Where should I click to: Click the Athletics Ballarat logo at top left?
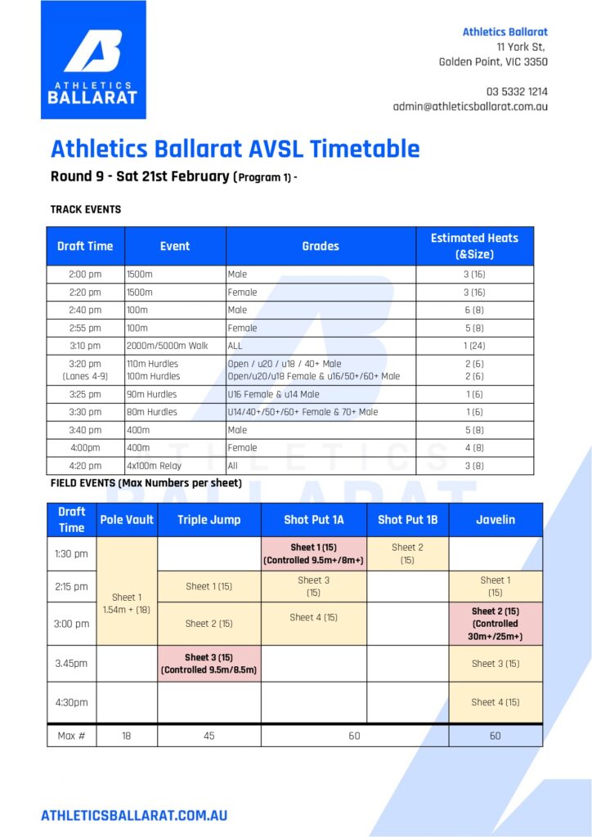pyautogui.click(x=93, y=60)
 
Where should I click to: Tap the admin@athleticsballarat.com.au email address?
pyautogui.click(x=470, y=106)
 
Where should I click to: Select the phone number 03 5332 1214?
pyautogui.click(x=517, y=92)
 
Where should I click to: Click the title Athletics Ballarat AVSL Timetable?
pyautogui.click(x=235, y=149)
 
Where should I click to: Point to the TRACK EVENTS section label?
pyautogui.click(x=86, y=210)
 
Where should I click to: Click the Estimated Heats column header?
pyautogui.click(x=474, y=246)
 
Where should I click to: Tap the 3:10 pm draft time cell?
pyautogui.click(x=85, y=346)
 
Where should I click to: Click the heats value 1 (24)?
pyautogui.click(x=474, y=346)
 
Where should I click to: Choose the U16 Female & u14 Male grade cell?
pyautogui.click(x=274, y=394)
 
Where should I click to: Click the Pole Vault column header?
pyautogui.click(x=127, y=520)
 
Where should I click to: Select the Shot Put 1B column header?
pyautogui.click(x=407, y=520)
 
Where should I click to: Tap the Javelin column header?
pyautogui.click(x=496, y=520)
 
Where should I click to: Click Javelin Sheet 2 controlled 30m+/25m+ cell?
pyautogui.click(x=496, y=624)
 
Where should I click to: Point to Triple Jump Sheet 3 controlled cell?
pyautogui.click(x=209, y=663)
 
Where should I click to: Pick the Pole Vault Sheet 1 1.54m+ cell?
pyautogui.click(x=127, y=603)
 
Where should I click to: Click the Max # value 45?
pyautogui.click(x=209, y=736)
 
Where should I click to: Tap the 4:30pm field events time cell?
pyautogui.click(x=71, y=702)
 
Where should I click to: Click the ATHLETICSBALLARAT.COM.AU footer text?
pyautogui.click(x=134, y=815)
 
